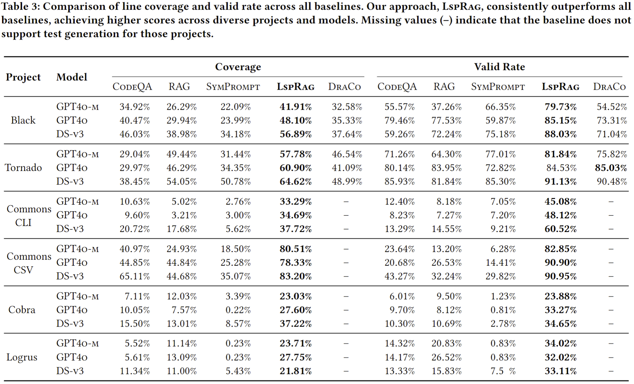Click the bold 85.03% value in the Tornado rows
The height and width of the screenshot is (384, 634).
[x=611, y=168]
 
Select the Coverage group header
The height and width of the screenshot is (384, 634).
[x=238, y=67]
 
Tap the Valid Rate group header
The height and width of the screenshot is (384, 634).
[x=499, y=67]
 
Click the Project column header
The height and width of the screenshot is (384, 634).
[x=23, y=77]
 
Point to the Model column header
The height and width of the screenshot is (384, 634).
[x=72, y=77]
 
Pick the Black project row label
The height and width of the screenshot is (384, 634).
[x=23, y=120]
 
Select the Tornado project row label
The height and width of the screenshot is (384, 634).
[x=23, y=168]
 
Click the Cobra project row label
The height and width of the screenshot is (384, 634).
[x=22, y=310]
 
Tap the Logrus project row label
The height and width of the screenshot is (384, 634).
[x=22, y=357]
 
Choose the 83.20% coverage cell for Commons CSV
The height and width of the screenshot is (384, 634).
[x=295, y=276]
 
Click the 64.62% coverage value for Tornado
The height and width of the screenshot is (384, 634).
[x=295, y=182]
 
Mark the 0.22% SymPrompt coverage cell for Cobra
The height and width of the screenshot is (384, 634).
[x=238, y=310]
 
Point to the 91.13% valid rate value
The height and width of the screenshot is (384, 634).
[x=560, y=182]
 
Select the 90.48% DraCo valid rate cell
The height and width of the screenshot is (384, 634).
[x=611, y=182]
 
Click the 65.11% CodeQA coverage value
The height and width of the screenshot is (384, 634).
[x=135, y=276]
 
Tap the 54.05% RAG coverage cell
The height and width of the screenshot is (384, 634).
[x=181, y=182]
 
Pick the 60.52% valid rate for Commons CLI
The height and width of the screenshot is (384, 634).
[x=560, y=229]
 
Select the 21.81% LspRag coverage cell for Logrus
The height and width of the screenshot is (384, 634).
[x=295, y=371]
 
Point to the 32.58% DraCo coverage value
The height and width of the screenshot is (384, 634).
[x=347, y=107]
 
